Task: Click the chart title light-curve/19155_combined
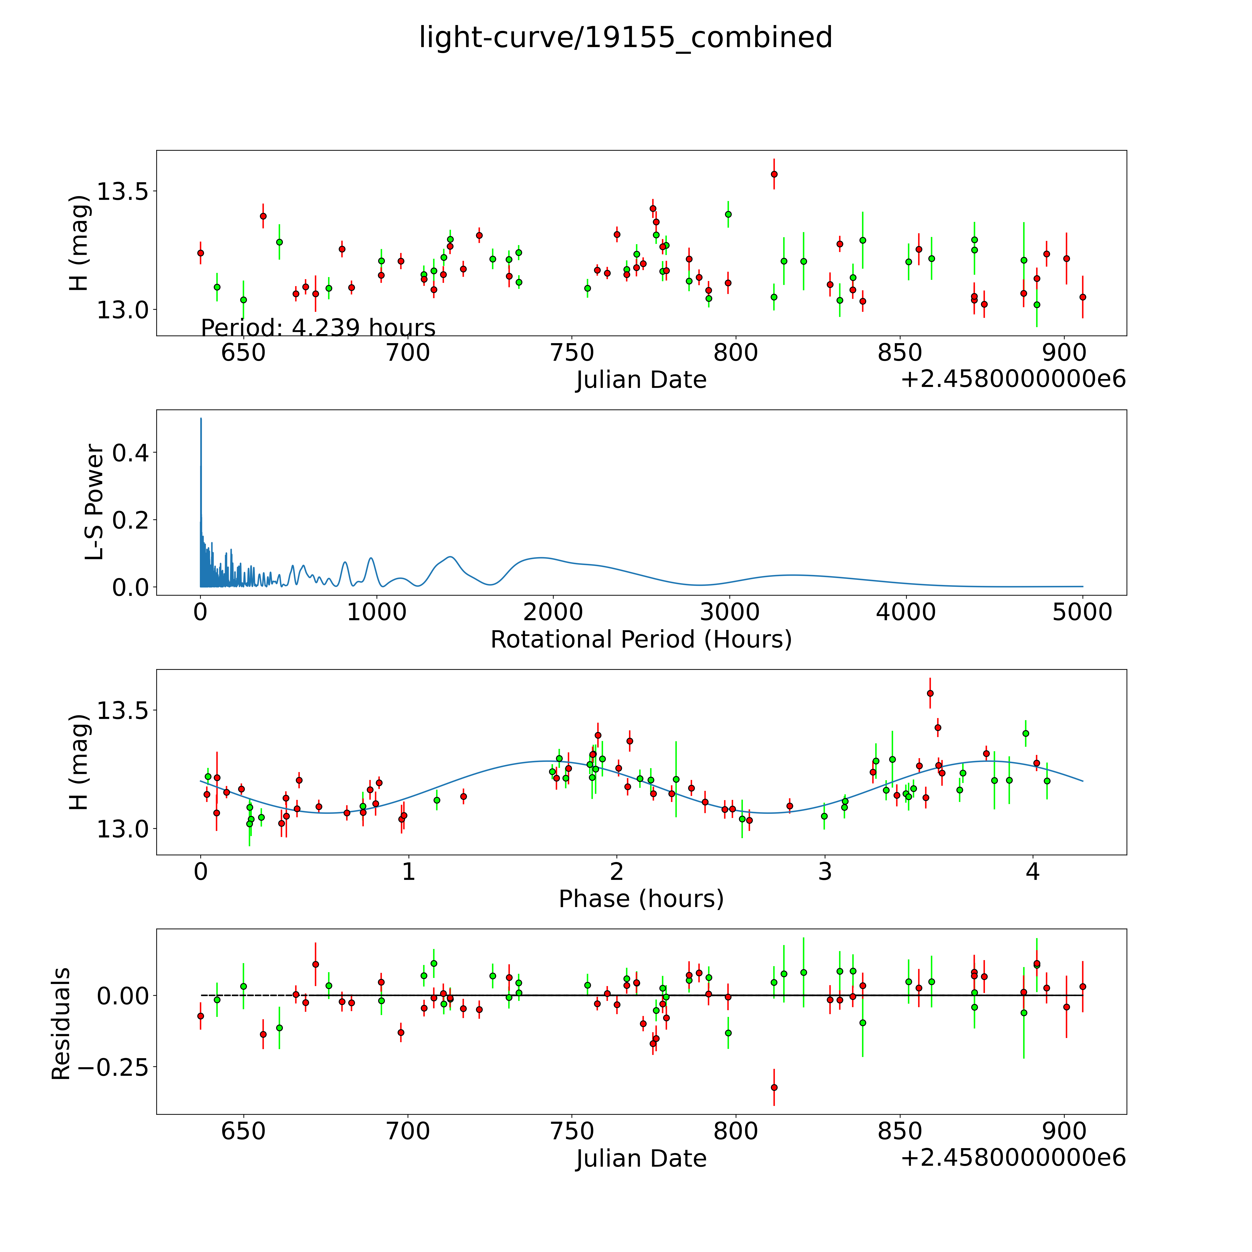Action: point(625,38)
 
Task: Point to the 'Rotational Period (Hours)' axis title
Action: point(641,640)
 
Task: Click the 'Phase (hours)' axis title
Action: point(641,899)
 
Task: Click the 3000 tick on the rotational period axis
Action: point(730,612)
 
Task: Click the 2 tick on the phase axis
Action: point(616,872)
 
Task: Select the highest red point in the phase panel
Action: point(930,693)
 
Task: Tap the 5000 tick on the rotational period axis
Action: point(1082,612)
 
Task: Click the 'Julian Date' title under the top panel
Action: point(641,380)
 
